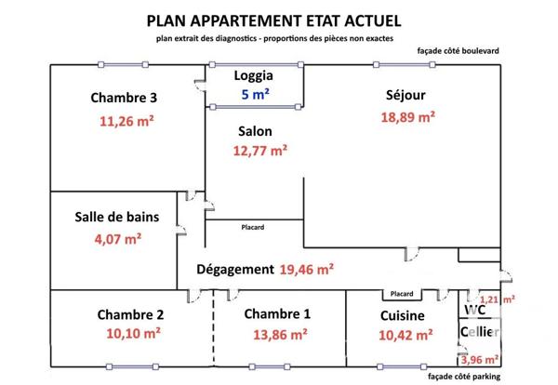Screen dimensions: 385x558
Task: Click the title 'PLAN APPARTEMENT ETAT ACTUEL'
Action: (x=275, y=20)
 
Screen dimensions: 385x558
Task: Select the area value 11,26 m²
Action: (x=126, y=120)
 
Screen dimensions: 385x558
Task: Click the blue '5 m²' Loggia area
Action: (x=256, y=96)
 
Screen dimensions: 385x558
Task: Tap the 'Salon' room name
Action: (x=255, y=132)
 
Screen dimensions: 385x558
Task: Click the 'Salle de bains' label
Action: (x=117, y=218)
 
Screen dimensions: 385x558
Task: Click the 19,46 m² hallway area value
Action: (x=307, y=270)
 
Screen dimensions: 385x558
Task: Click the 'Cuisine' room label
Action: (x=403, y=315)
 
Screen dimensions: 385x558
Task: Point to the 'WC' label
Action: (x=475, y=311)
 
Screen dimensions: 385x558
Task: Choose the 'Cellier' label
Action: (x=480, y=332)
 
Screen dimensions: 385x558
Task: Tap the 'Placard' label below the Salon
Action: (x=252, y=228)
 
